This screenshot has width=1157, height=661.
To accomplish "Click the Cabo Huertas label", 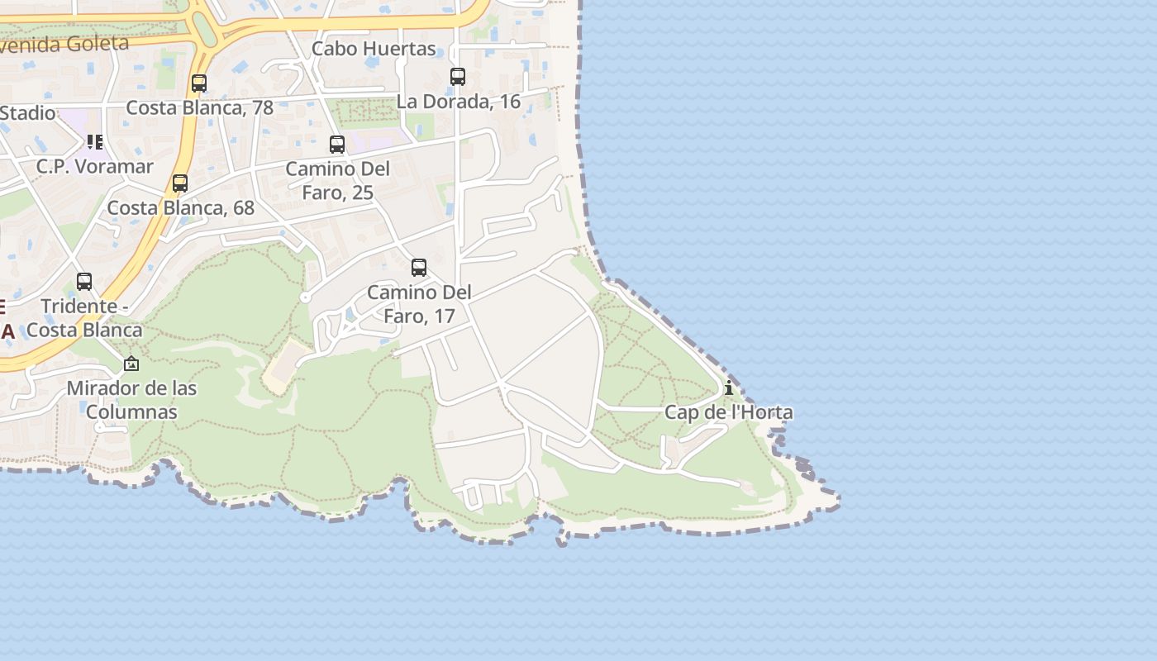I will coord(374,49).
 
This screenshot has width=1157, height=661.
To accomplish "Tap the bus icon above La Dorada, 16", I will coord(458,77).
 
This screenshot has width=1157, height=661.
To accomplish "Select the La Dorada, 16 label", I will coord(459,102).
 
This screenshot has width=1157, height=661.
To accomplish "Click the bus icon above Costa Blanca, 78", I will coord(199,83).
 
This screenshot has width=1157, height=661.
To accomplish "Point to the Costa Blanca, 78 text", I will coord(199,108).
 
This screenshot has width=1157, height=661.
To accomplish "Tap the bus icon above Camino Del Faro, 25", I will coord(337,145).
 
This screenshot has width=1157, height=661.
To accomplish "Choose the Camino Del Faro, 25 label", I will coord(337,181).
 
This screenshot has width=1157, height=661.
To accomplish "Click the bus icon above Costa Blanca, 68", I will coord(180,183).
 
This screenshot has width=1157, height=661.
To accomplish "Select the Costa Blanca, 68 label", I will coord(181,208).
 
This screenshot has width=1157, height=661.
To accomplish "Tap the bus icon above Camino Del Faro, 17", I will coord(419,268).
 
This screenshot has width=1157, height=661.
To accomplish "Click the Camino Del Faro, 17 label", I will coord(419,304).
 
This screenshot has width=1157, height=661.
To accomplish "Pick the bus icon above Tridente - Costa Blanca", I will coord(84,282).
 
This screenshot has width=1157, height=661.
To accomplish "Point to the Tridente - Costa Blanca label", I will coord(84,318).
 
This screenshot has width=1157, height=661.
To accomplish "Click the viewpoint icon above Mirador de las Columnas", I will coord(131,364).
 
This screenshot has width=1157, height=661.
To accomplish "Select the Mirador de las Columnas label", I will coord(131,400).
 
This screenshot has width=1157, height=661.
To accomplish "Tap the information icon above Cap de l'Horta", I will coord(728,388).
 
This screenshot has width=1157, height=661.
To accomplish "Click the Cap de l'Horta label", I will coord(728,412).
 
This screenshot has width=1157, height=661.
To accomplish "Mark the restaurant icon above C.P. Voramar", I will coord(95,142).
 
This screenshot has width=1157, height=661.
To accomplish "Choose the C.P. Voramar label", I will coord(94,167).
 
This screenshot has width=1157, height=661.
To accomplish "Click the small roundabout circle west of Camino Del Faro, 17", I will coord(305,297).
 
